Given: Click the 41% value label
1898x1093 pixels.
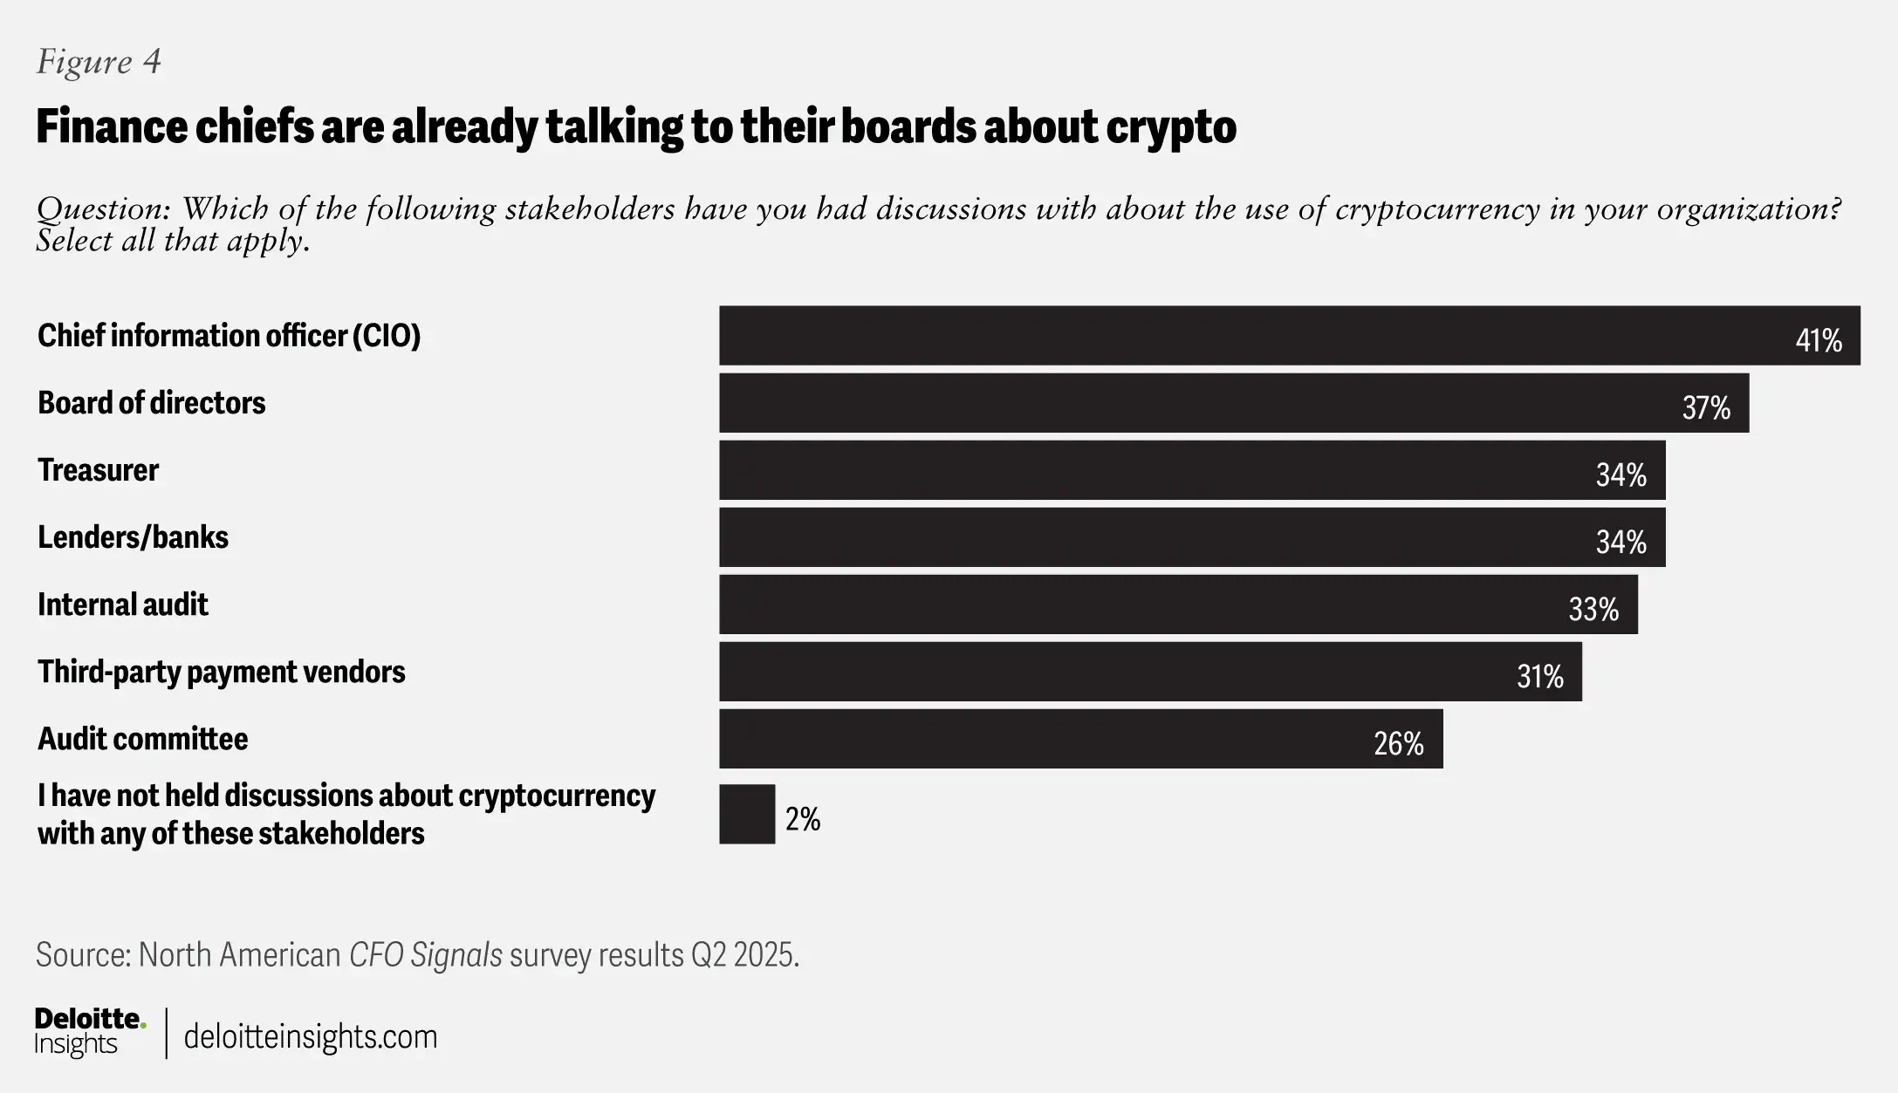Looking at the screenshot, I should pos(1819,340).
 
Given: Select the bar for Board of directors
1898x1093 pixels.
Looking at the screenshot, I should pos(1222,403).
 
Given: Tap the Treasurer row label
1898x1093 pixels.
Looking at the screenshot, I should pos(98,470).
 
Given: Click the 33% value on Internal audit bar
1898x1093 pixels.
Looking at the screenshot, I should pos(1593,609).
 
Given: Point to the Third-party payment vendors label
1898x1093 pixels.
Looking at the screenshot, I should pos(221,672).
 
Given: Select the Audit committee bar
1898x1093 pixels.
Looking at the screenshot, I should pos(1047,739).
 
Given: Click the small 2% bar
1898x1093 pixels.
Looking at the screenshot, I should pos(747,814).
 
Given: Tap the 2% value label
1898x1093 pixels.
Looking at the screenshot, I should pos(803,819).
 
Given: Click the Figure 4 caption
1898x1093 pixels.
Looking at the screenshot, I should pos(99,61).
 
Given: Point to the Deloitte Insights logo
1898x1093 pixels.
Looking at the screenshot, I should pos(89,1032).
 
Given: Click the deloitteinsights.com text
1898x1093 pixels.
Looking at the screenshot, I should pos(311,1036).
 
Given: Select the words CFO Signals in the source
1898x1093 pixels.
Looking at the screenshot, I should pos(425,955).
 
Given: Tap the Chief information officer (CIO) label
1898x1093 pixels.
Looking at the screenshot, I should pos(229,336).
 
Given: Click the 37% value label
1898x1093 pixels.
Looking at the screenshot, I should pos(1706,407).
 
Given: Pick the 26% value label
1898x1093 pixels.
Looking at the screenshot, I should pos(1399,743).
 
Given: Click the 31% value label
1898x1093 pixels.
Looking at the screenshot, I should pos(1539,676).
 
